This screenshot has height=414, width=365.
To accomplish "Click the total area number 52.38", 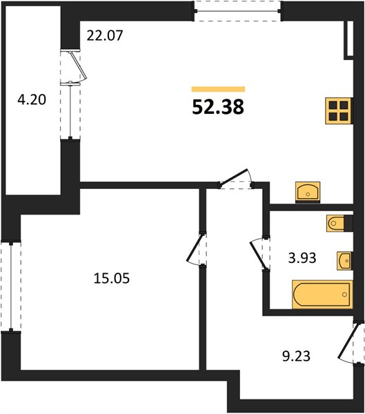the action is tap(218, 108).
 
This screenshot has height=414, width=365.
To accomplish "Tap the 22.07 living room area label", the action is tap(105, 36).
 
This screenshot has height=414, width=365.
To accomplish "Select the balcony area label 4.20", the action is tap(32, 100).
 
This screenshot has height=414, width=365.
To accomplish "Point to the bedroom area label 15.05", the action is tap(112, 278).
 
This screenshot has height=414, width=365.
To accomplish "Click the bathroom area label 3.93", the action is tap(302, 258).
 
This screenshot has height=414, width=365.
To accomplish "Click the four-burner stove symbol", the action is tap(339, 110).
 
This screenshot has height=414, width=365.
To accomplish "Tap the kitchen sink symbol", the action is tap(308, 192).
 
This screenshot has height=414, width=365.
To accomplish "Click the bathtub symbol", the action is tap(322, 295).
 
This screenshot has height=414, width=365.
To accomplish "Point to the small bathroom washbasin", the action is tap(344, 261).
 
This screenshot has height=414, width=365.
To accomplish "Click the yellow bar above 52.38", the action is tap(218, 89).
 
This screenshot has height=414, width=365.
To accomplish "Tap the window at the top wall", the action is tap(238, 11).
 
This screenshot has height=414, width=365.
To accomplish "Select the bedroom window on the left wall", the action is tap(11, 286).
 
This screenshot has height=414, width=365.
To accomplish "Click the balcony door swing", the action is tap(78, 66).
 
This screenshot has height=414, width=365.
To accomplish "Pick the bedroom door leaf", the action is tap(195, 248).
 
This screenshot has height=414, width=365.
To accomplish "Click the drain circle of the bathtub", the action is tap(344, 295).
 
